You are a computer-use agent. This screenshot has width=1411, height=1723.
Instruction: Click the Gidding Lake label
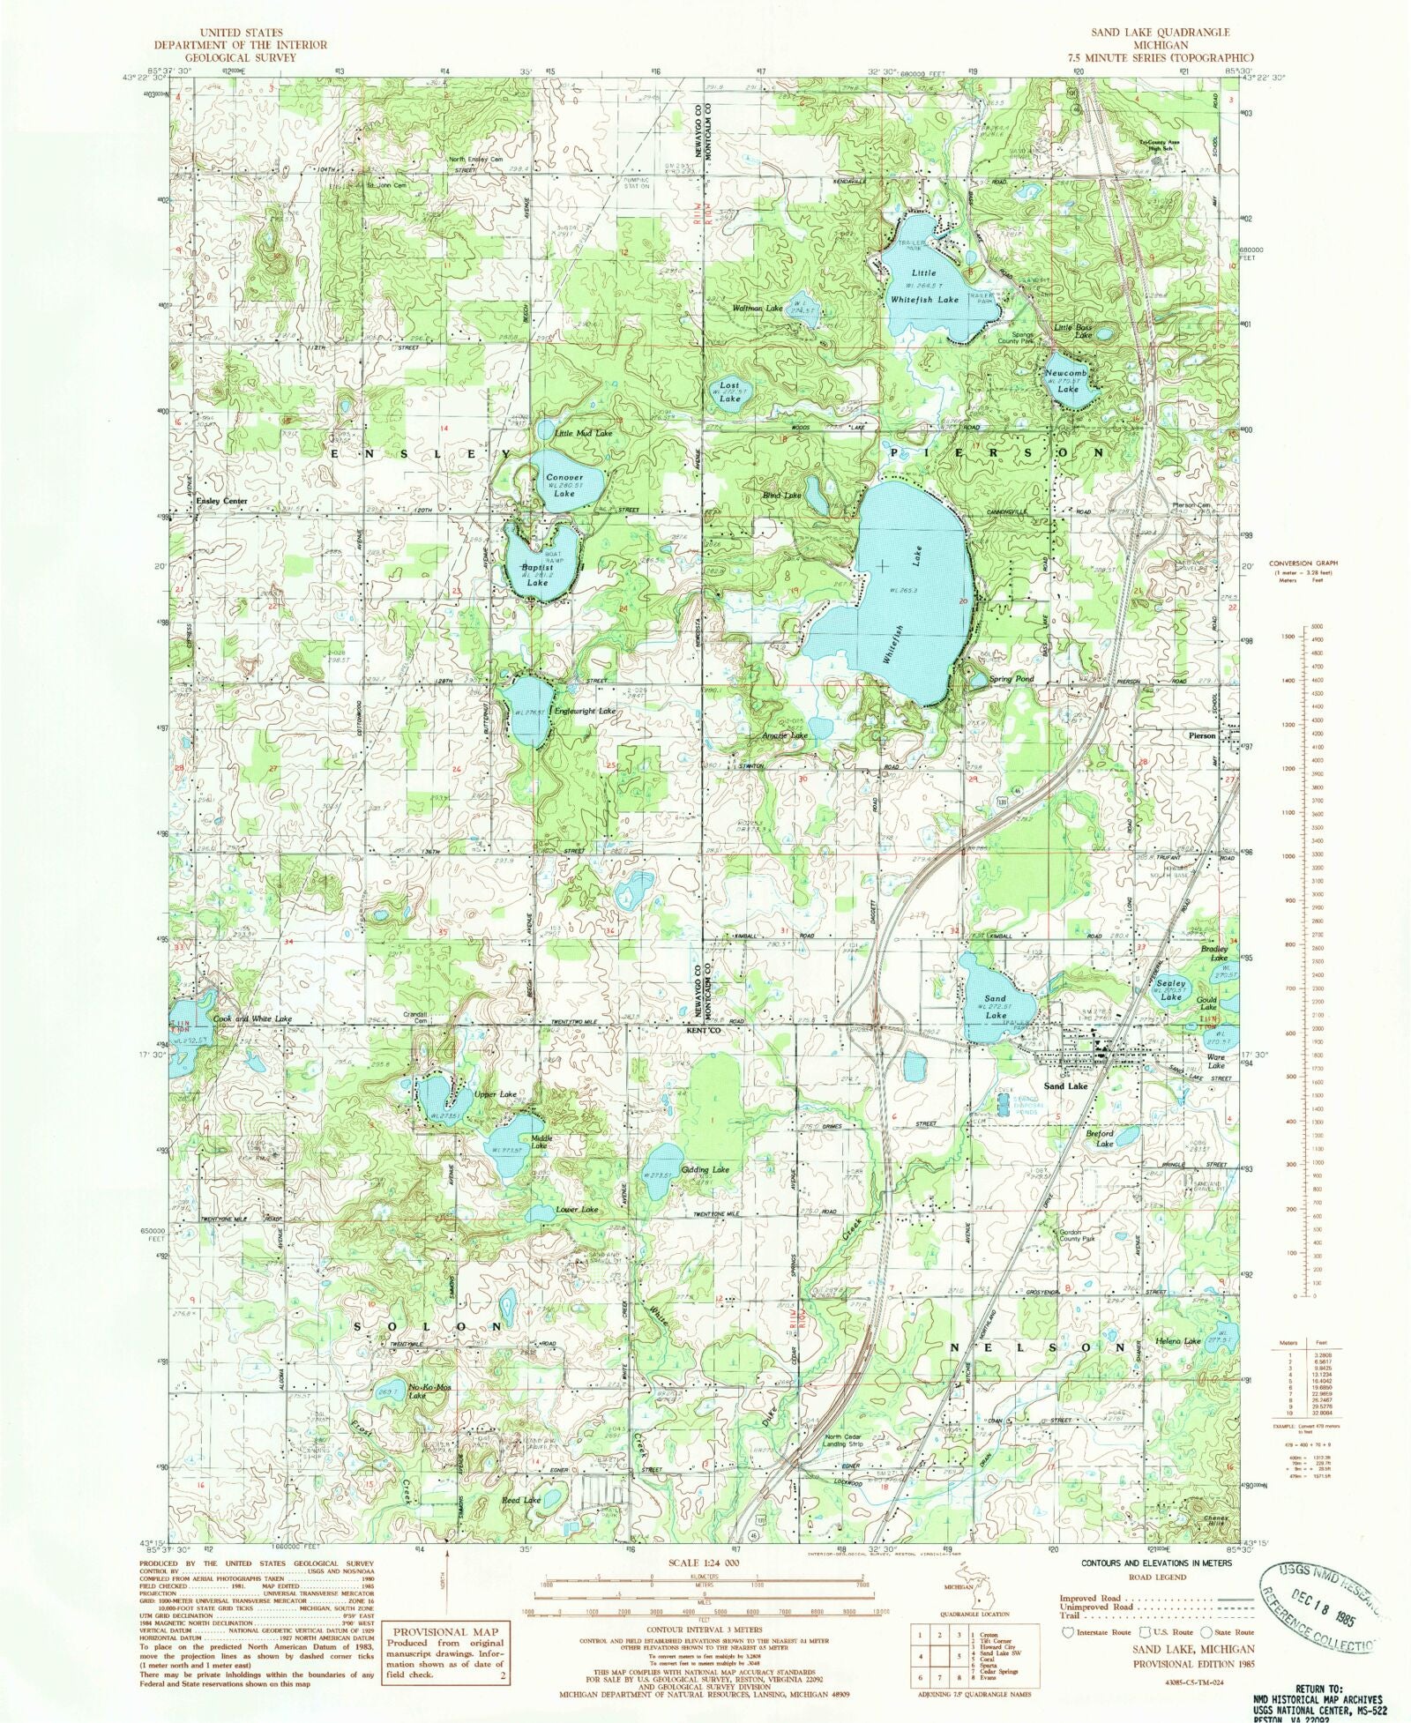[705, 1169]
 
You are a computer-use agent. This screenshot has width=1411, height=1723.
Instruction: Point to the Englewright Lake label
[584, 710]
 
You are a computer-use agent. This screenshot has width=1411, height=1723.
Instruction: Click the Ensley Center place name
[221, 501]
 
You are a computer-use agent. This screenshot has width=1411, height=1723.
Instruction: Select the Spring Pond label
[1011, 679]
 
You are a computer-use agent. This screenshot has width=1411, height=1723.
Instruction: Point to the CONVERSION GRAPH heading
[1303, 563]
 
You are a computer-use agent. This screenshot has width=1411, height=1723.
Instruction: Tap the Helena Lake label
[1179, 1341]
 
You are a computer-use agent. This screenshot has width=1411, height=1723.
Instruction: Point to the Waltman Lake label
[758, 309]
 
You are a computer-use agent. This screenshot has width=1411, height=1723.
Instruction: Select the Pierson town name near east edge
[1202, 735]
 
